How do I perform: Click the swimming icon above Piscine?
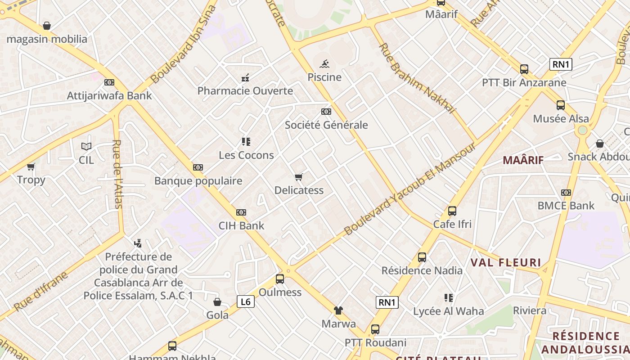(324, 64)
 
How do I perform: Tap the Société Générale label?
(326, 125)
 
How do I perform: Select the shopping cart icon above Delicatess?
(299, 177)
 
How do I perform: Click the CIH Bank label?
(241, 225)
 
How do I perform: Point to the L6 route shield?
(246, 301)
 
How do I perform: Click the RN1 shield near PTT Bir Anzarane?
(561, 64)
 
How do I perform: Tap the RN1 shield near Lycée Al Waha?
(387, 302)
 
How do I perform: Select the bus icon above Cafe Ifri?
(452, 211)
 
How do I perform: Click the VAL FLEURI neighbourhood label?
(506, 262)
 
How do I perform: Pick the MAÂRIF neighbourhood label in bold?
(523, 160)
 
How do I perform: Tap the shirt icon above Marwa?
(338, 310)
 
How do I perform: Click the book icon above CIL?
(86, 146)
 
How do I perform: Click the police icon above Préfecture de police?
(138, 243)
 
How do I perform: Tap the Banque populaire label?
(198, 181)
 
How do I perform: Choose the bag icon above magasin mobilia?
(47, 26)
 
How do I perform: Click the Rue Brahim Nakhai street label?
(417, 78)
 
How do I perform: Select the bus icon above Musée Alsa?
(561, 105)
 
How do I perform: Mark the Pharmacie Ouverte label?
(245, 91)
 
